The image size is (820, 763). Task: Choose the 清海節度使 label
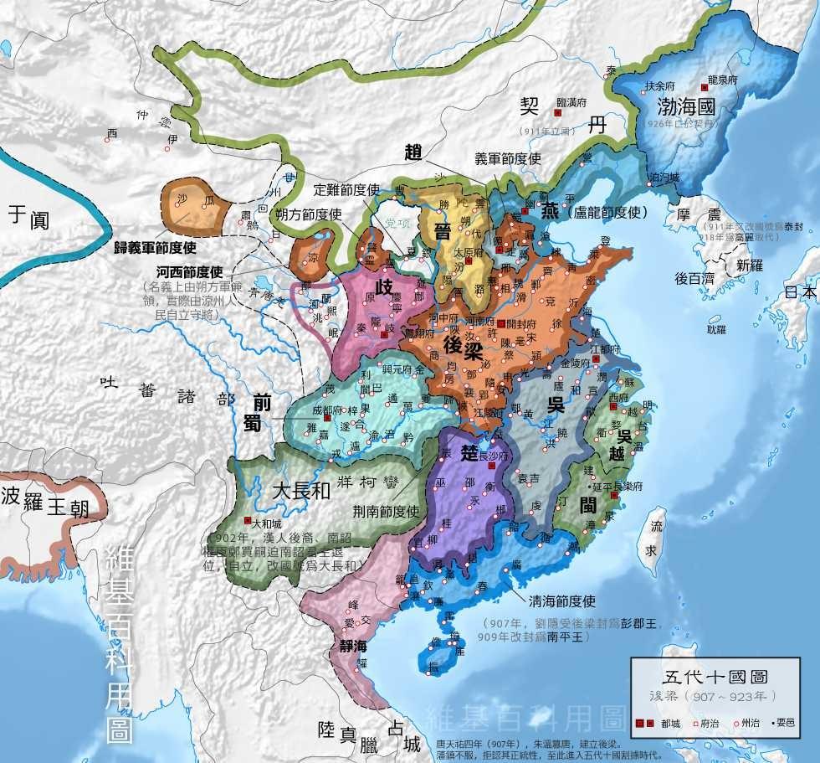(561, 601)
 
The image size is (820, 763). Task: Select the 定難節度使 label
(347, 189)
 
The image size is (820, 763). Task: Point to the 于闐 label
(28, 218)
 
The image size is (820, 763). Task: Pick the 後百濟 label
(694, 279)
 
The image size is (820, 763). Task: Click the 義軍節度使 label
(508, 158)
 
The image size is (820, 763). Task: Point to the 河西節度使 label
(188, 272)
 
